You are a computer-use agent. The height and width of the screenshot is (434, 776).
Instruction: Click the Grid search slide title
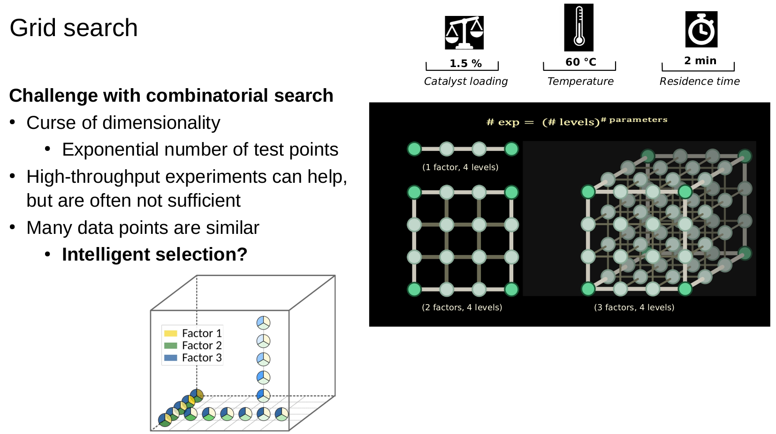pos(74,28)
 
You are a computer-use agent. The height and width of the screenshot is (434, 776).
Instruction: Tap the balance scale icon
pos(464,33)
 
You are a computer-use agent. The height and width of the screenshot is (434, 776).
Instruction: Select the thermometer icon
pos(578,28)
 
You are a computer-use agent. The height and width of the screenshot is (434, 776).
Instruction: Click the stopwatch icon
pos(701,30)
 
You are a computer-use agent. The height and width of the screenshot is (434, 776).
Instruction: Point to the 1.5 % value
pos(465,63)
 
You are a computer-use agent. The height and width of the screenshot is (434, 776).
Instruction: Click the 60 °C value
pos(580,62)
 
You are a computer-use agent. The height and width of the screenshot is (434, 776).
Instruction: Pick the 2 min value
pos(700,60)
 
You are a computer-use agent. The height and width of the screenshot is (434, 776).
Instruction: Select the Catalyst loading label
pos(465,81)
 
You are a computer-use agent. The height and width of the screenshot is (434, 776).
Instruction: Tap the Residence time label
pos(699,81)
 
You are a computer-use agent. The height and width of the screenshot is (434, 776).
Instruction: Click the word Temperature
pos(580,81)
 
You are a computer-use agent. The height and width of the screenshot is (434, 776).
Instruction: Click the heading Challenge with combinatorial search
pos(171,96)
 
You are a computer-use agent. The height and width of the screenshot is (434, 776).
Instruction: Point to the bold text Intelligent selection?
pos(154,254)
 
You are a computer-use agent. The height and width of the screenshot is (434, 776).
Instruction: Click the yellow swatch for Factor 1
pos(171,333)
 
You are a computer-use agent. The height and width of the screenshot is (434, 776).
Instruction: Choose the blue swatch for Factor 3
pos(171,358)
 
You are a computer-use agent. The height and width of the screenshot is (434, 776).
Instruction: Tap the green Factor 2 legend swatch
pos(171,345)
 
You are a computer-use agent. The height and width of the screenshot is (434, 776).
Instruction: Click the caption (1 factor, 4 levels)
pos(460,167)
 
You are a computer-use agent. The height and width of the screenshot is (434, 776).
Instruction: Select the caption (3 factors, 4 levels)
pos(634,307)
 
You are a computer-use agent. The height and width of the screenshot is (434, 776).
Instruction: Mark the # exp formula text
pos(577,122)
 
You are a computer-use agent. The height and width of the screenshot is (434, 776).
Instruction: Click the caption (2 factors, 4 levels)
pos(462,307)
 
